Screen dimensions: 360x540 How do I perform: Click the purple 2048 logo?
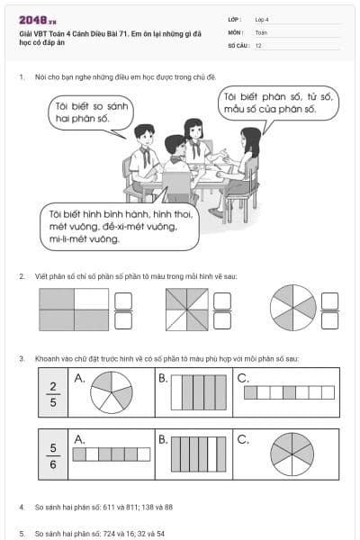coord(38,21)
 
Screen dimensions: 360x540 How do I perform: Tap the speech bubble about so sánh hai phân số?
coord(91,113)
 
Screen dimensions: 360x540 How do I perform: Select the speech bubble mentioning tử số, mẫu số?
coord(278,103)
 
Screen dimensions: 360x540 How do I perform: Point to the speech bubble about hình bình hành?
coord(120,226)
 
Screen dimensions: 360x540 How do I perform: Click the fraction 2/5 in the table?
coord(53,394)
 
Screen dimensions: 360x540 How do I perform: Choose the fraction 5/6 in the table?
coord(53,455)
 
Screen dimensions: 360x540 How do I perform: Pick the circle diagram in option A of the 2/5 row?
coord(112,392)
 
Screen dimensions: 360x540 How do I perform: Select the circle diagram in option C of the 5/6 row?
coord(292,454)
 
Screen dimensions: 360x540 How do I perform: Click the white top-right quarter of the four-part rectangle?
coord(91,299)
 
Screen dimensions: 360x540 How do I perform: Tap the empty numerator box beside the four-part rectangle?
coord(123,301)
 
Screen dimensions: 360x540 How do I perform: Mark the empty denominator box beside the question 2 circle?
coord(329,320)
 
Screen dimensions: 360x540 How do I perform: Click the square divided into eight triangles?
coord(187,310)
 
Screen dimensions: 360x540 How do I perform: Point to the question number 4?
coord(22,507)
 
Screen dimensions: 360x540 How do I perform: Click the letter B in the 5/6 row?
coord(163,440)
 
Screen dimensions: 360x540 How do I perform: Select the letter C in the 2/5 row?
coord(243,378)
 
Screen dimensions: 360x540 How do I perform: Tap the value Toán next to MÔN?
coord(261,32)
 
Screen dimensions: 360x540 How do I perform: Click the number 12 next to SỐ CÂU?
coord(258,46)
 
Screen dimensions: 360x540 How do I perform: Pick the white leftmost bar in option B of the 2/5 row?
coord(176,392)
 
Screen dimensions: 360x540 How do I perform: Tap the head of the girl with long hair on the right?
coord(251,137)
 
